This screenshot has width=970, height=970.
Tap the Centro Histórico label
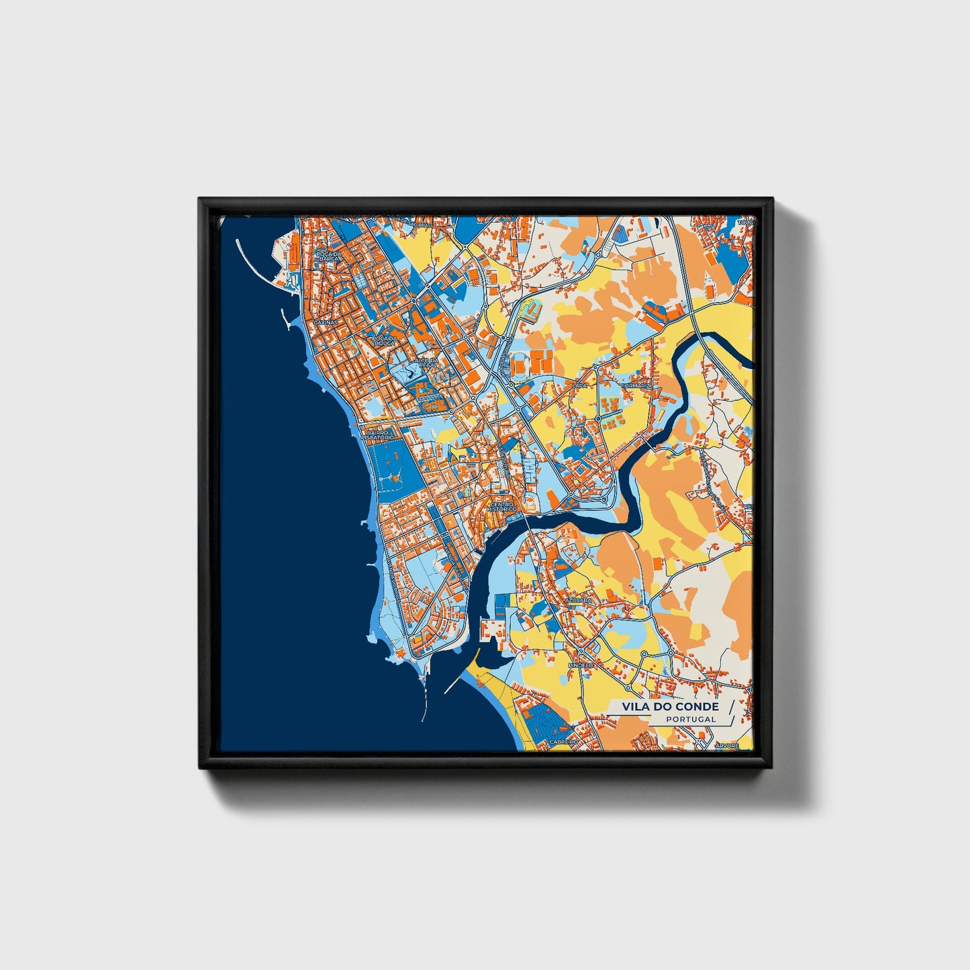point(503,507)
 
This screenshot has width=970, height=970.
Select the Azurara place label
point(578,599)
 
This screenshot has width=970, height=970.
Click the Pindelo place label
point(581,665)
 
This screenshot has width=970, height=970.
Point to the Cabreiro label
point(563,741)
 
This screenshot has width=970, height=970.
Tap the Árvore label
point(727,745)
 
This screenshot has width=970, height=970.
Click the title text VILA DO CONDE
point(670,706)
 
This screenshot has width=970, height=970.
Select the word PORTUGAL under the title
point(691,719)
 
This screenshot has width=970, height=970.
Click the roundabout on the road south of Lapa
point(597,418)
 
